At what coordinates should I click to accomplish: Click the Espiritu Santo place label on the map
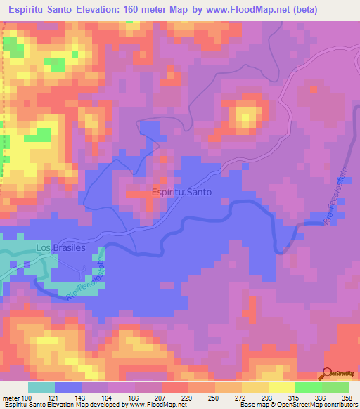(181, 191)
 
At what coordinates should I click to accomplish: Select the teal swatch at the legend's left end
(41, 387)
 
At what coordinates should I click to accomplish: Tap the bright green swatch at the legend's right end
(335, 387)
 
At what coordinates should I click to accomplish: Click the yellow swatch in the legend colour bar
(282, 387)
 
